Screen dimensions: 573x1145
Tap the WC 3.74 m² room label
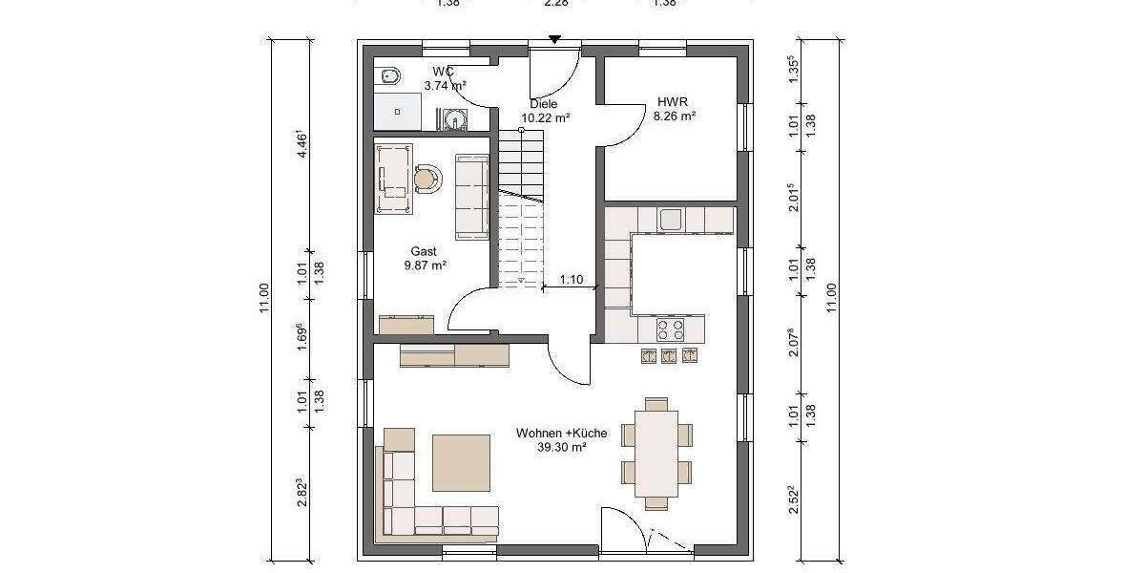click(444, 78)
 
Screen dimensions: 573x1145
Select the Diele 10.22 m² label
click(545, 112)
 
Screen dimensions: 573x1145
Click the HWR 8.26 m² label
click(674, 108)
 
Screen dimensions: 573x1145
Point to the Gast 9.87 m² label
click(425, 259)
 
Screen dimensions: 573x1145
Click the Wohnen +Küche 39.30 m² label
click(562, 439)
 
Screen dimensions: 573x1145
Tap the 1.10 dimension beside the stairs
click(572, 280)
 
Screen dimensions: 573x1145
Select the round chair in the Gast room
click(428, 179)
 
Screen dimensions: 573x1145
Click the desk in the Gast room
click(394, 180)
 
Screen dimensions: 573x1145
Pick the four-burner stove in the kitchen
click(671, 329)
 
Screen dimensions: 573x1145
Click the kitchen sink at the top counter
click(671, 219)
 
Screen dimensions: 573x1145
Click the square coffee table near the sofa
click(462, 463)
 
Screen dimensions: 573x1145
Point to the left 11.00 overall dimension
click(265, 299)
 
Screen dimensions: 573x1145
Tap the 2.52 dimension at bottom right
click(793, 501)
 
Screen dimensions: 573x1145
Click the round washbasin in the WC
click(454, 119)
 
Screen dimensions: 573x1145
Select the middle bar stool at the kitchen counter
click(670, 355)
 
